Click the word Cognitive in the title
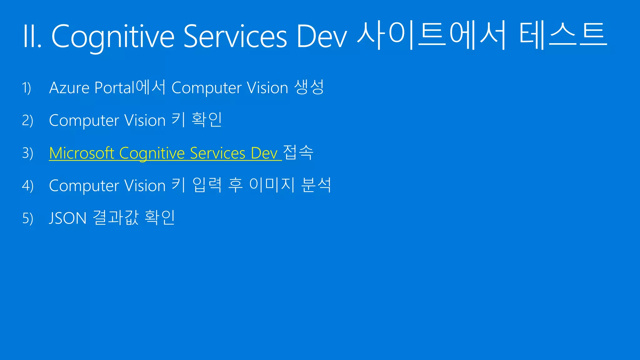pos(112,37)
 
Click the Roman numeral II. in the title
pos(32,37)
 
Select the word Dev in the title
pos(322,37)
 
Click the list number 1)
pos(27,88)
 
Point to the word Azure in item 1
pos(69,88)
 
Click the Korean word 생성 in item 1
pos(309,87)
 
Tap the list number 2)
pos(27,121)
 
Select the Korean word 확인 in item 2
pos(207,120)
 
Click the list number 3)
pos(27,153)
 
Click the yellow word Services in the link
pos(217,153)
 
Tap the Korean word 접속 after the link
pos(298,152)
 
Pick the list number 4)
pos(27,186)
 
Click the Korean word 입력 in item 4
pos(207,185)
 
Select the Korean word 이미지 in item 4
pos(272,185)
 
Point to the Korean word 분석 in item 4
pos(316,185)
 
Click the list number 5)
pos(27,218)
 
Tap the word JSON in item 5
pos(68,218)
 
